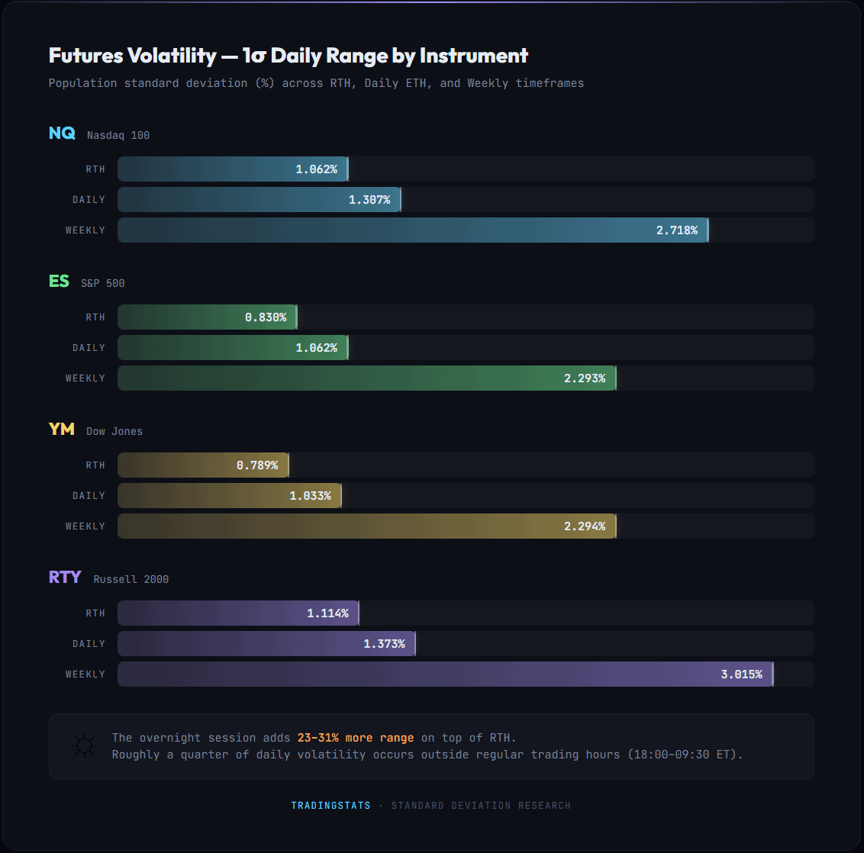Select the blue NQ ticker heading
pyautogui.click(x=62, y=134)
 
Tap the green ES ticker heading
pyautogui.click(x=59, y=282)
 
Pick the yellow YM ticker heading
pyautogui.click(x=62, y=430)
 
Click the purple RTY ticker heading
pyautogui.click(x=65, y=578)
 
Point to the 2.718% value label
pyautogui.click(x=676, y=230)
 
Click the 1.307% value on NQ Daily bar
pyautogui.click(x=369, y=200)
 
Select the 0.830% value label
pyautogui.click(x=266, y=317)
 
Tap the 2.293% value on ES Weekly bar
pyautogui.click(x=585, y=378)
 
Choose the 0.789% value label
pyautogui.click(x=257, y=465)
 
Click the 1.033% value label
pyautogui.click(x=310, y=496)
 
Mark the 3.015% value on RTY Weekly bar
pyautogui.click(x=741, y=674)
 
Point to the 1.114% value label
pyautogui.click(x=327, y=613)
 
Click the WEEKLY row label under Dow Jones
pyautogui.click(x=85, y=526)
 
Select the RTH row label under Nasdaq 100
pyautogui.click(x=95, y=169)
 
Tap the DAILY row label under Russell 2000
pyautogui.click(x=89, y=644)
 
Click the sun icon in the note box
pyautogui.click(x=84, y=746)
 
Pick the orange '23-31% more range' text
pyautogui.click(x=356, y=738)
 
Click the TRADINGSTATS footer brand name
pyautogui.click(x=330, y=806)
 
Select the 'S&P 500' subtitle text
pyautogui.click(x=103, y=283)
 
